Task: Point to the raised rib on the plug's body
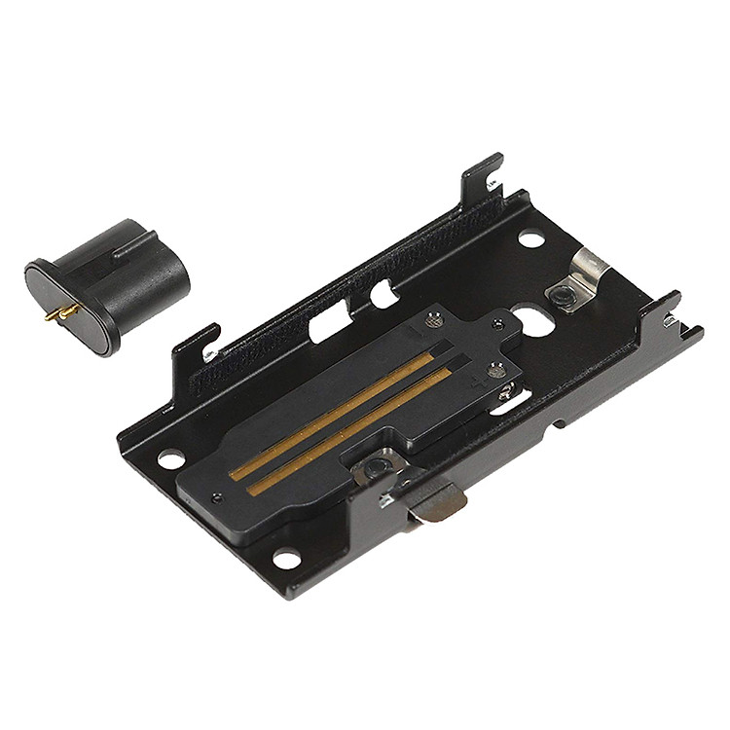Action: point(136,244)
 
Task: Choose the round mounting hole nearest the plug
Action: point(170,458)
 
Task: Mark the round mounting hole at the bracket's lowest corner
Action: point(285,559)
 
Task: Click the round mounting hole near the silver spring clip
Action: point(529,237)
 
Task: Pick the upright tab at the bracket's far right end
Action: point(671,310)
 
